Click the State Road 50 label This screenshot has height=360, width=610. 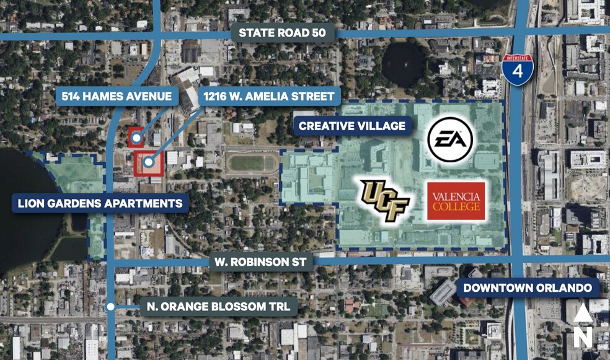pyautogui.click(x=283, y=33)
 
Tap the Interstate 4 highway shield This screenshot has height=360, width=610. pyautogui.click(x=517, y=69)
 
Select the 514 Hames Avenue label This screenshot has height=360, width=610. pyautogui.click(x=117, y=96)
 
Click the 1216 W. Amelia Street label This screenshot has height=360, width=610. pyautogui.click(x=270, y=96)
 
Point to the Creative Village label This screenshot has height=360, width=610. pyautogui.click(x=351, y=126)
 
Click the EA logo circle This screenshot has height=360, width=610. pyautogui.click(x=450, y=139)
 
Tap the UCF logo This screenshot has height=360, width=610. pyautogui.click(x=385, y=200)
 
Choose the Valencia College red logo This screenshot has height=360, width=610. pyautogui.click(x=456, y=201)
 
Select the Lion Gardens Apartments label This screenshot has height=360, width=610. pyautogui.click(x=99, y=203)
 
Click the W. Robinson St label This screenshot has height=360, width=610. pyautogui.click(x=260, y=261)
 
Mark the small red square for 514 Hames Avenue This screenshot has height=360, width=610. pyautogui.click(x=136, y=137)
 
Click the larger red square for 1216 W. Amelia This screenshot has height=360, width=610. pyautogui.click(x=149, y=162)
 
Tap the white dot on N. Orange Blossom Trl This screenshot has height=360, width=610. pyautogui.click(x=110, y=306)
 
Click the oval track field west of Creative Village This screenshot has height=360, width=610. pyautogui.click(x=251, y=164)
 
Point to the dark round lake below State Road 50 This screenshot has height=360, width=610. pyautogui.click(x=404, y=64)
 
